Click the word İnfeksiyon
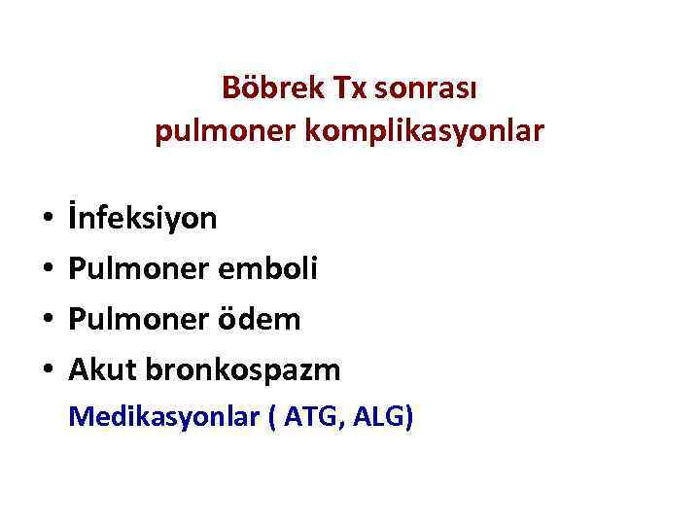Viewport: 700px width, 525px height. (142, 218)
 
